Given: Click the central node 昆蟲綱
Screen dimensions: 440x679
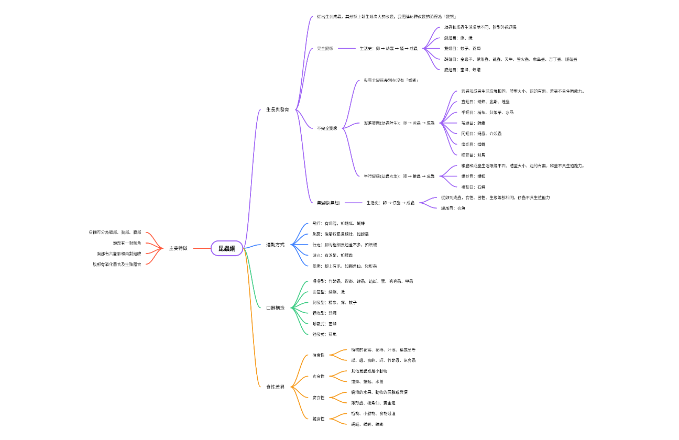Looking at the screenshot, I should click(x=227, y=248).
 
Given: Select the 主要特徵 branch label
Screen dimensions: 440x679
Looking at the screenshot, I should click(x=178, y=248).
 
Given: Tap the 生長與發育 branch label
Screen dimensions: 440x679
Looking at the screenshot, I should click(x=278, y=110).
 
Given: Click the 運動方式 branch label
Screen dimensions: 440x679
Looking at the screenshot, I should click(x=276, y=245).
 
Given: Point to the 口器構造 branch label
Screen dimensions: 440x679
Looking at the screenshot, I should click(x=276, y=308).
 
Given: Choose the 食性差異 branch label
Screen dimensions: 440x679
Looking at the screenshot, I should click(x=276, y=387).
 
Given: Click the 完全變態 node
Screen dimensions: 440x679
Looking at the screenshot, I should click(x=325, y=48).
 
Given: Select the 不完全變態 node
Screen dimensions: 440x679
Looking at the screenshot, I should click(x=327, y=128).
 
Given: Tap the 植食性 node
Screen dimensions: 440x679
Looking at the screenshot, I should click(x=319, y=355).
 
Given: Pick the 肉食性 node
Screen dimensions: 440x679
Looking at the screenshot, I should click(x=319, y=376).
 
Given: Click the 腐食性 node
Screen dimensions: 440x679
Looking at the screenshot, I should click(x=319, y=398).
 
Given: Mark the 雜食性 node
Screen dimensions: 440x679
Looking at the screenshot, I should click(x=319, y=419).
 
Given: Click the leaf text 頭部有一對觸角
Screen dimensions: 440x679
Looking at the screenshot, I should click(x=127, y=243).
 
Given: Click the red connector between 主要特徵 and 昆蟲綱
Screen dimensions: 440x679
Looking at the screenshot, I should click(x=202, y=248).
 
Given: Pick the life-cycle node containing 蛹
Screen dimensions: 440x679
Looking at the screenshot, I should click(x=389, y=48).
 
